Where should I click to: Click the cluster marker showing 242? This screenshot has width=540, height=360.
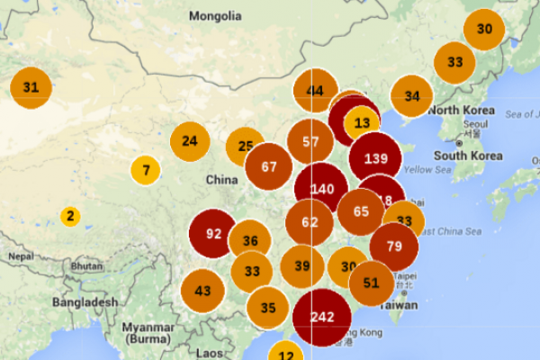(322, 317)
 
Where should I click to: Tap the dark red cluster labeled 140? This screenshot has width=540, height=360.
(321, 188)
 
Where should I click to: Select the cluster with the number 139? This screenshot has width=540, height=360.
(375, 158)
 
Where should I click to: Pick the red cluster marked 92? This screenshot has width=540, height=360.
(213, 233)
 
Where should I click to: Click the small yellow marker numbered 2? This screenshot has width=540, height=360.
(70, 216)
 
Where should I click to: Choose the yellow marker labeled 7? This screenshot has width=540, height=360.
(145, 169)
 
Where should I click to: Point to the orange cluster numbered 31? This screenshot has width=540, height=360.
(31, 87)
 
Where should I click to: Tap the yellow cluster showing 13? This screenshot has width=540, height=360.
(363, 122)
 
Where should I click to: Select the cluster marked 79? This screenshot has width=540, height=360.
(393, 246)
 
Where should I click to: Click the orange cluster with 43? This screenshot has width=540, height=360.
(202, 290)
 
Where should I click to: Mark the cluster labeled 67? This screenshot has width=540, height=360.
(268, 166)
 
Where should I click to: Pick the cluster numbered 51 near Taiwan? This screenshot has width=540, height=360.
(371, 283)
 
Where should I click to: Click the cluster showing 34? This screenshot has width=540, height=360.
(411, 96)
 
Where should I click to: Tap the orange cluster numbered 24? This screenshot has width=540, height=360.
(189, 140)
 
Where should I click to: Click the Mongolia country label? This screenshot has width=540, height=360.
(215, 16)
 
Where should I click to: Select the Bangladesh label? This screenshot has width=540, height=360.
(85, 302)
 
